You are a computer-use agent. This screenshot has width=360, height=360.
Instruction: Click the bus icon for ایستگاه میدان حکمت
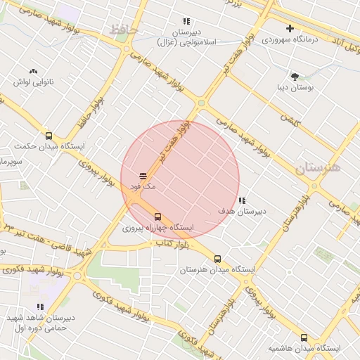click(49, 136)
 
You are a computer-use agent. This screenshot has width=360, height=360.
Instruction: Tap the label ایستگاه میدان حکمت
click(49, 147)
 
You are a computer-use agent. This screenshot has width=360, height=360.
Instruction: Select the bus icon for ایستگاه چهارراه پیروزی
click(157, 217)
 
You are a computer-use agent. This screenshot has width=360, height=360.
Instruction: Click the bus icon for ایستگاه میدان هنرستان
click(218, 259)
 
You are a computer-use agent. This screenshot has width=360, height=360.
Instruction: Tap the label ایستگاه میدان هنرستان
click(218, 269)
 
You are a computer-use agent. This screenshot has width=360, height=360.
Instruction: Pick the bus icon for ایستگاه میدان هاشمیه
click(304, 337)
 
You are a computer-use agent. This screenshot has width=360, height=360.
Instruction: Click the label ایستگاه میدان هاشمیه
click(304, 349)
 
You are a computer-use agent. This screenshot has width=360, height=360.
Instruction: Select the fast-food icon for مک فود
click(143, 175)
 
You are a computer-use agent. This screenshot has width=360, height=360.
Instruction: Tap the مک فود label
click(143, 186)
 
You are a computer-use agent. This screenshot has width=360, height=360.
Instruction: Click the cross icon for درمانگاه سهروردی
click(289, 28)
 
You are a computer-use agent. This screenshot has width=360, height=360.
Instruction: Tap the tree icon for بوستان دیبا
click(295, 77)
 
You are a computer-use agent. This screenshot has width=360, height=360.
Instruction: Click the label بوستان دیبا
click(295, 88)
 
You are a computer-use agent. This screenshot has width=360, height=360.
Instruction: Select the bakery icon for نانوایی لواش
click(33, 71)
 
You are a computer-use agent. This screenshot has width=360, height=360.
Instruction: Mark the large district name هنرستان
click(317, 168)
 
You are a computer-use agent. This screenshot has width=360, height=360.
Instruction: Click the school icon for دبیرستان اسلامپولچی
click(186, 22)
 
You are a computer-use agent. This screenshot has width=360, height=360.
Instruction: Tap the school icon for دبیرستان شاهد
click(40, 307)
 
